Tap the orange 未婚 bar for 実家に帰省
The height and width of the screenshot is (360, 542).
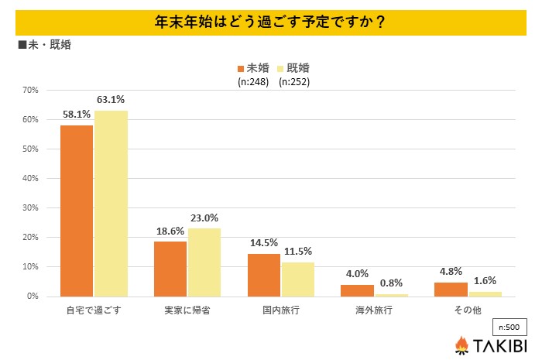coord(170,269)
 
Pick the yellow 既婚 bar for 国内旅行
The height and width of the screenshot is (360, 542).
coord(297,279)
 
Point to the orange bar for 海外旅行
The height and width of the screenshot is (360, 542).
coord(357,290)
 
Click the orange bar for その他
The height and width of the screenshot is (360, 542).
coord(450,290)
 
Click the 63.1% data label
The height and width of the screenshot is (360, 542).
coord(111,100)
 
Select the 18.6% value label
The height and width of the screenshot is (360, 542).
coord(170,231)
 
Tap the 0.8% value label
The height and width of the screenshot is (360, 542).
coord(391,283)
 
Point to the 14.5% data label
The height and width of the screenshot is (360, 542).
coord(263,243)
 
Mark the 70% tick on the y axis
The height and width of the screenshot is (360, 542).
coord(30,90)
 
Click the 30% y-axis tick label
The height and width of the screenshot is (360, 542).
coord(30,207)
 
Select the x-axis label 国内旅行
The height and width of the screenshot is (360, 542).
coord(280,311)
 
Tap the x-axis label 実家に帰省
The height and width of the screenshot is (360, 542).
coord(187,311)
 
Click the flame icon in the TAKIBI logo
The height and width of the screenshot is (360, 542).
coord(461,345)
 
